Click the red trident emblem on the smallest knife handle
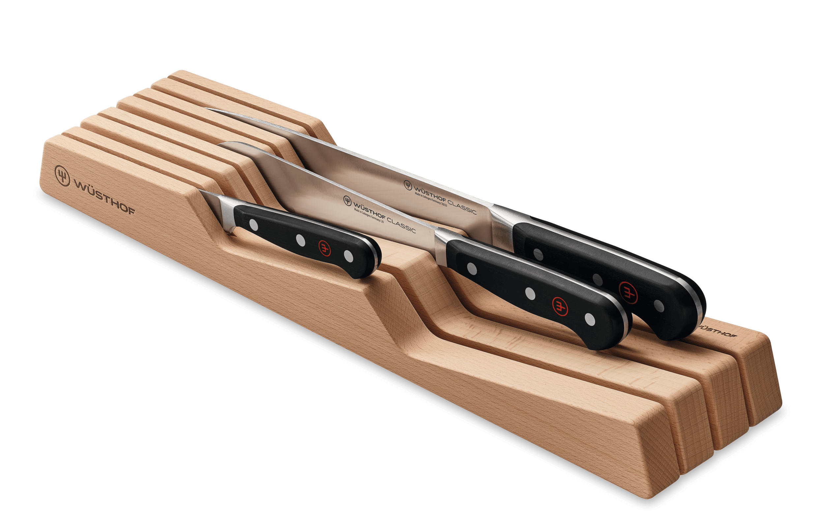click(x=324, y=248)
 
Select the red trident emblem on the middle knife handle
click(x=560, y=305)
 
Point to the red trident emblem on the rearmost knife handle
click(x=628, y=292)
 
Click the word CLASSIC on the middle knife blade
click(x=401, y=226)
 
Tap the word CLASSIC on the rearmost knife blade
click(x=462, y=207)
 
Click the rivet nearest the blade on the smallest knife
click(x=253, y=225)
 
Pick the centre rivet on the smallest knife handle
click(x=301, y=240)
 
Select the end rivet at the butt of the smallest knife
click(x=348, y=256)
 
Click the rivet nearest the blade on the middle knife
click(x=472, y=268)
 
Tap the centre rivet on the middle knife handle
click(x=530, y=293)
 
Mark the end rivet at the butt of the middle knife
click(x=590, y=319)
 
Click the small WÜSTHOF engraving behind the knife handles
click(x=717, y=331)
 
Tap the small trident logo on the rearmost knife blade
click(x=407, y=185)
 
